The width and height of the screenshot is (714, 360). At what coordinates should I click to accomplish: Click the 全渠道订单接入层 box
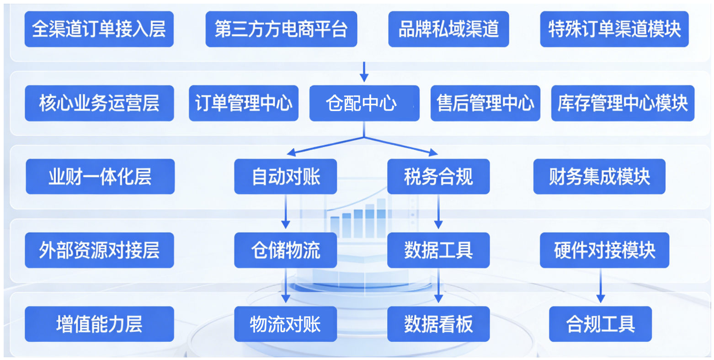[99, 29]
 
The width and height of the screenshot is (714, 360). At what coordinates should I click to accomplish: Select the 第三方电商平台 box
[281, 29]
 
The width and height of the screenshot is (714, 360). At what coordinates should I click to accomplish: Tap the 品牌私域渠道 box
[448, 29]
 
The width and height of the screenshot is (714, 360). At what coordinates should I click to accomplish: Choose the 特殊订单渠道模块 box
[614, 29]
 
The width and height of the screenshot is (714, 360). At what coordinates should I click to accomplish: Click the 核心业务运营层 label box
[99, 103]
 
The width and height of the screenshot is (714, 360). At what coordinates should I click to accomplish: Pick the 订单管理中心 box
[243, 103]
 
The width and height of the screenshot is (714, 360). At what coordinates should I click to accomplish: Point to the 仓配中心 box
[364, 103]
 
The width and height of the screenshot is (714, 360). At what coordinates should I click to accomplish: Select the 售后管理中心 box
[485, 103]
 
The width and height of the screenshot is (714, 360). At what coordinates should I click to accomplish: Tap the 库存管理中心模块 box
[622, 103]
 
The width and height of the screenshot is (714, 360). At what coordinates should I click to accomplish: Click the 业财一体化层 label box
[100, 176]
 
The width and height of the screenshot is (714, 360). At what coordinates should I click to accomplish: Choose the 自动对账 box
[285, 176]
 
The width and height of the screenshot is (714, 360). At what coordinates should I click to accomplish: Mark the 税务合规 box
[438, 176]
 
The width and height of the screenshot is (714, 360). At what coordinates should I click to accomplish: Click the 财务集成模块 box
[599, 176]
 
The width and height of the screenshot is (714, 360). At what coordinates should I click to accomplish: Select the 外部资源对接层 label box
[99, 250]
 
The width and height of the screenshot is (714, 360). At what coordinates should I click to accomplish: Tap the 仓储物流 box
[285, 250]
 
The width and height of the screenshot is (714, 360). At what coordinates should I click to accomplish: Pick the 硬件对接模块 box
[604, 250]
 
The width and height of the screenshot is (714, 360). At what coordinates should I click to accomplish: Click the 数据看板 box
[438, 324]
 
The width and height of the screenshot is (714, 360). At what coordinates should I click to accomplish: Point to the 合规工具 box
[600, 324]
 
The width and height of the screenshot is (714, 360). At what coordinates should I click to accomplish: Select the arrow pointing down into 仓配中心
[364, 72]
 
